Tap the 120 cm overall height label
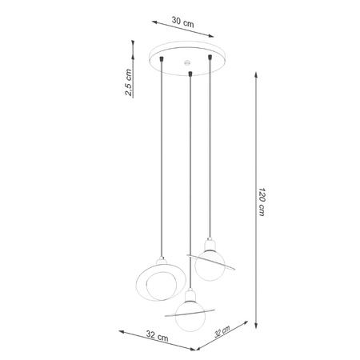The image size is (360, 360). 263,203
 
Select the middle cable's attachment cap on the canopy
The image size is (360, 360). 189,75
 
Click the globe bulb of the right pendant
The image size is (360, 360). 209,266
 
